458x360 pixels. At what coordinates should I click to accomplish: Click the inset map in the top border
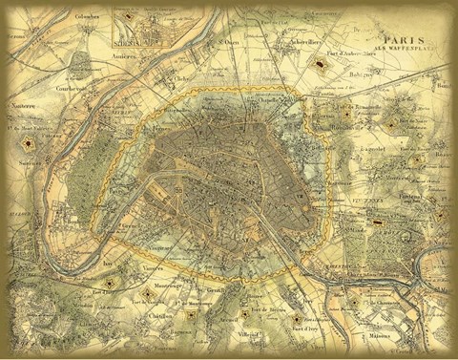tap(140, 29)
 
